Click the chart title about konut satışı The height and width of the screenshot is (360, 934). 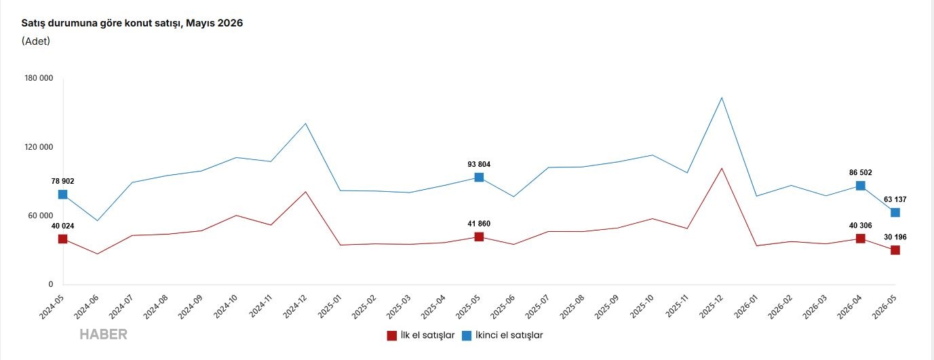(x=132, y=23)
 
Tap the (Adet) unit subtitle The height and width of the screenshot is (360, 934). (x=36, y=41)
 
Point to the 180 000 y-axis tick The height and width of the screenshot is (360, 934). (x=39, y=78)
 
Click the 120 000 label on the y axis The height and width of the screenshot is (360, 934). (x=39, y=147)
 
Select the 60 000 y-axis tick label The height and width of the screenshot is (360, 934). (x=41, y=216)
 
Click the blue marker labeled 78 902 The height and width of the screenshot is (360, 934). (x=63, y=195)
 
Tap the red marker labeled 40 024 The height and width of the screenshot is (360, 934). (x=63, y=239)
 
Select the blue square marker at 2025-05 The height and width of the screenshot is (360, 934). (x=479, y=178)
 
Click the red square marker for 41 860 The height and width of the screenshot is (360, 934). (x=479, y=237)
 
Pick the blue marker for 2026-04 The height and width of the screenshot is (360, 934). (x=861, y=186)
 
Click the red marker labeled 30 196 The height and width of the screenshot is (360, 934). (x=895, y=250)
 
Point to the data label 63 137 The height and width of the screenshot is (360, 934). (x=895, y=199)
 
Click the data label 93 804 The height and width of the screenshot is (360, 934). (x=479, y=165)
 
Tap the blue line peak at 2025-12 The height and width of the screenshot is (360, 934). (x=722, y=98)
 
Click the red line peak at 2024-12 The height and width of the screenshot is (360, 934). (x=306, y=192)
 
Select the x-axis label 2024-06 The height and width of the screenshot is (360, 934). (x=86, y=307)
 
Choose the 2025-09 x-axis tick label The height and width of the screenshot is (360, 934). (x=606, y=307)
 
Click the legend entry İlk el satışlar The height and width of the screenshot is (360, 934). (x=421, y=336)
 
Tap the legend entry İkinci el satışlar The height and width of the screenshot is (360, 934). (x=503, y=336)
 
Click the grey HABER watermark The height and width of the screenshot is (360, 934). (x=103, y=335)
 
